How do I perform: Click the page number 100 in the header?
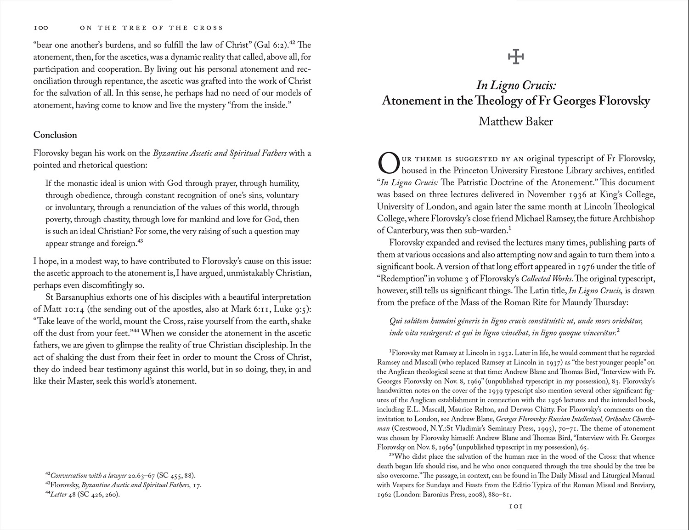pos(41,28)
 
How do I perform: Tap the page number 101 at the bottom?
pos(515,507)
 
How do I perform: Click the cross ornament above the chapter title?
pos(516,57)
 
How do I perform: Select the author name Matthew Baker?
pos(515,121)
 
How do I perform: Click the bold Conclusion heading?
pos(55,135)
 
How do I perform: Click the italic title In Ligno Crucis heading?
pos(516,85)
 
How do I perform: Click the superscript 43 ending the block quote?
pos(141,241)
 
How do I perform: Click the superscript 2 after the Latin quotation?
pos(619,330)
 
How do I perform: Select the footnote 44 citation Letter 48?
pos(62,495)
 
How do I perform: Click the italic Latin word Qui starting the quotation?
pos(396,320)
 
